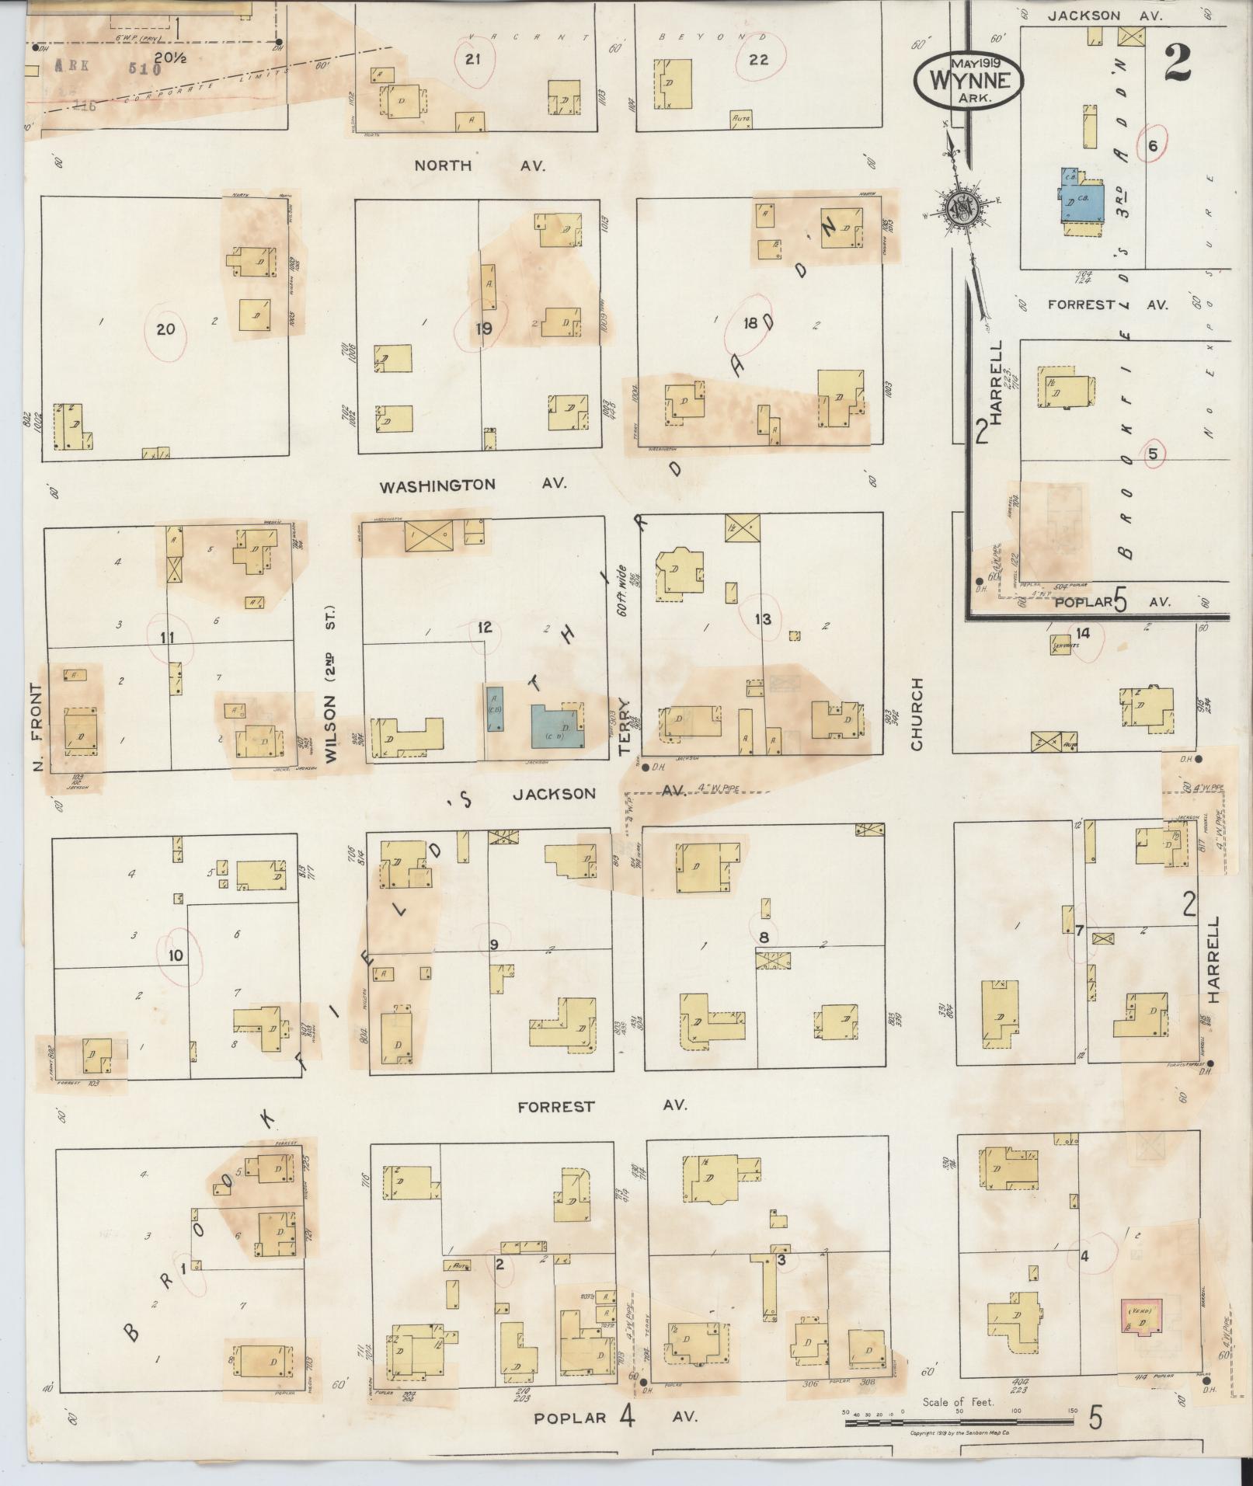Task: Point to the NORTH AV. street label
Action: pos(480,165)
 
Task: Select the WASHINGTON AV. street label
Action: pos(472,485)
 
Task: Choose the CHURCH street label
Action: pos(917,714)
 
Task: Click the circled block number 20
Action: pos(165,329)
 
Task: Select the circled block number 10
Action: pos(176,955)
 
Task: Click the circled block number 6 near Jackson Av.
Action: pos(1153,144)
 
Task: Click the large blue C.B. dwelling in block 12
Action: pos(556,726)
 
